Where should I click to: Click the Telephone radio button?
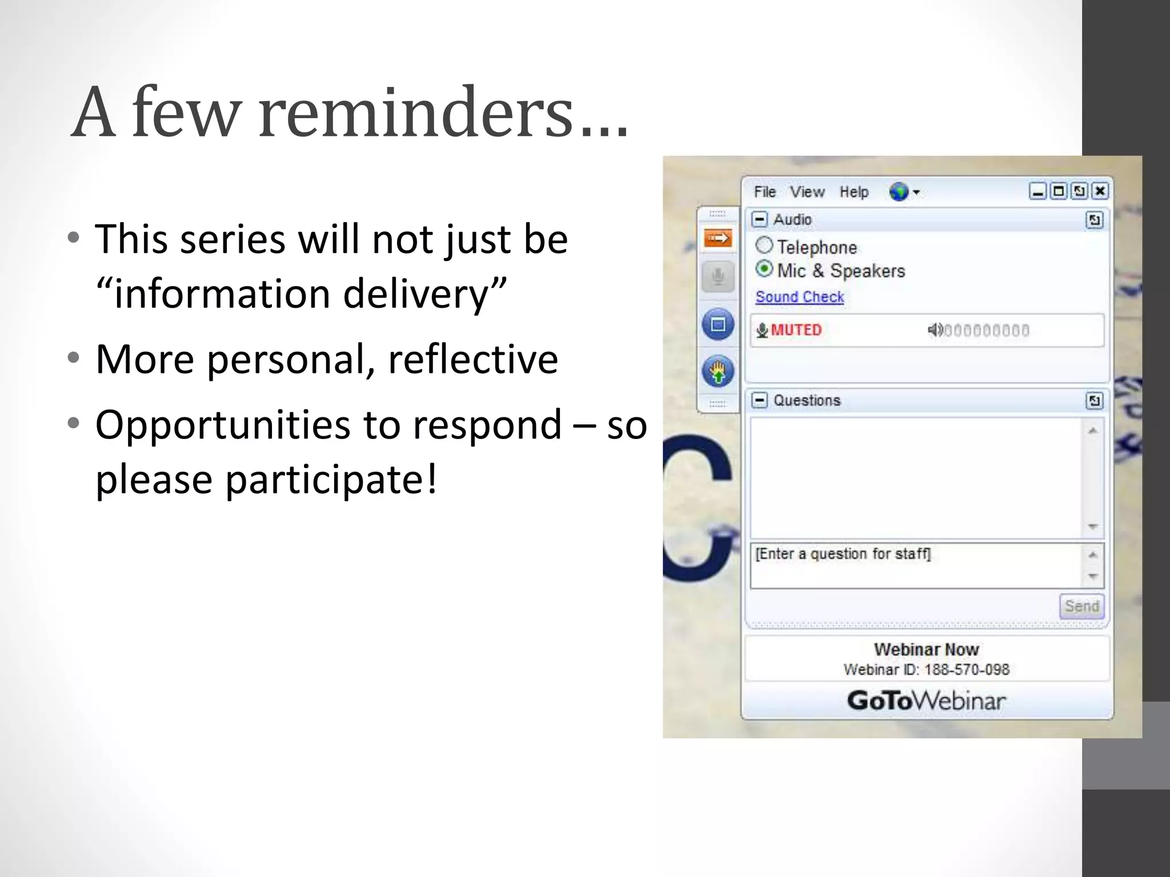(764, 246)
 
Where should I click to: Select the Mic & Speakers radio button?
(764, 269)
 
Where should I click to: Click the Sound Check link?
(799, 297)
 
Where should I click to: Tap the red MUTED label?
(796, 330)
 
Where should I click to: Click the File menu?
(764, 192)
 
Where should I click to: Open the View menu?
(807, 192)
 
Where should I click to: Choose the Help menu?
(854, 192)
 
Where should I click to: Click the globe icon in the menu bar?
(899, 192)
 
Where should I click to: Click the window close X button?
(1100, 191)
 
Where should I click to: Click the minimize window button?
(1037, 191)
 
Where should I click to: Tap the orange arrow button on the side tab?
(718, 238)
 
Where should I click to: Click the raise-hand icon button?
(718, 372)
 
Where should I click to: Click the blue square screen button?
(718, 325)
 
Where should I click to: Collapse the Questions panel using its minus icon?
(759, 400)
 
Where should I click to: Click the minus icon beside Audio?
(759, 219)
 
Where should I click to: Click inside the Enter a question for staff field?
(914, 565)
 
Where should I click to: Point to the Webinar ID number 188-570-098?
(967, 670)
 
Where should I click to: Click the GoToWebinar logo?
(926, 701)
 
